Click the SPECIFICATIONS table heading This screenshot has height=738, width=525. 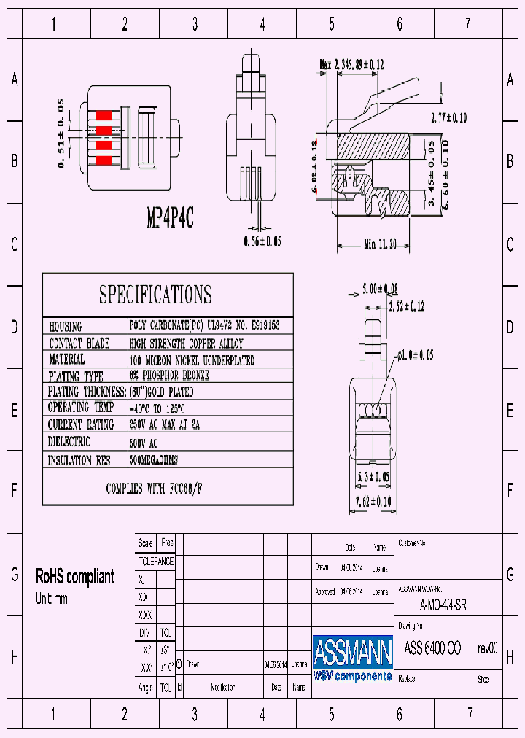pos(155,295)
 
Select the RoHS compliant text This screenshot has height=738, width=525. pos(75,577)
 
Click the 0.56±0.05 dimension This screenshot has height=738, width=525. pos(262,241)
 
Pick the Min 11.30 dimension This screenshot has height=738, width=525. pos(380,245)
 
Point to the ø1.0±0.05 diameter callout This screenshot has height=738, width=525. pos(415,354)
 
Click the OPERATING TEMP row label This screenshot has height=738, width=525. pos(80,408)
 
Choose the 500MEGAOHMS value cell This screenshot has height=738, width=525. pos(153,461)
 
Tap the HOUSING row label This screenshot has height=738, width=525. pos(65,327)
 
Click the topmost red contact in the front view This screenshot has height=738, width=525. pos(104,115)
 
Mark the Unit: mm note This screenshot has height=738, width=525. pos(52,599)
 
